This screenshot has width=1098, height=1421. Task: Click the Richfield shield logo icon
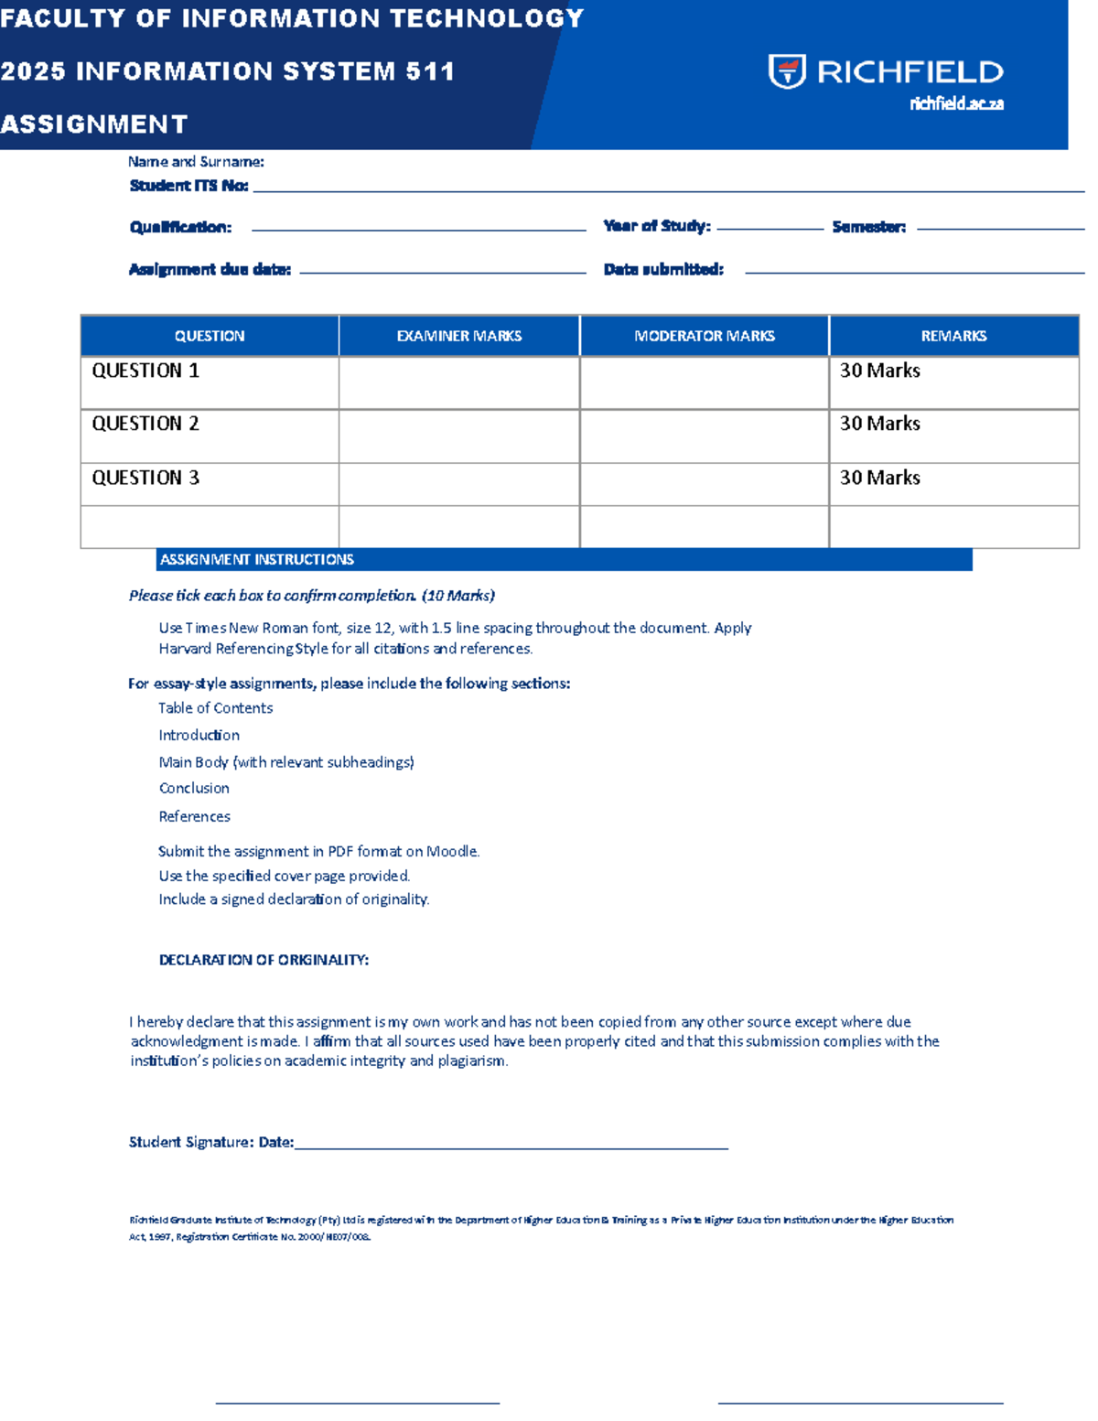[x=787, y=71]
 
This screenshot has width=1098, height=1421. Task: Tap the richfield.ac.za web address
[x=956, y=104]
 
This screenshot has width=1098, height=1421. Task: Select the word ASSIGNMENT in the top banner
[x=94, y=124]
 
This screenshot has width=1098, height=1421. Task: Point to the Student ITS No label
[x=188, y=186]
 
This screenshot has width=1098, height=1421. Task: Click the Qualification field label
[x=180, y=227]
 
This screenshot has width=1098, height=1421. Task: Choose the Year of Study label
[x=656, y=226]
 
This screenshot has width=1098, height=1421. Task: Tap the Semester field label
[x=868, y=227]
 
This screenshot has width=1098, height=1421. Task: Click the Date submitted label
[x=663, y=269]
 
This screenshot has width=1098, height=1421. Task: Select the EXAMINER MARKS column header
[x=458, y=336]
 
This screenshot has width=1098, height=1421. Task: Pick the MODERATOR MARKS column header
[x=704, y=336]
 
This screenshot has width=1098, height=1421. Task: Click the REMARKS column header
[x=953, y=336]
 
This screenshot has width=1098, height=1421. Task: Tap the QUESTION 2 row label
[x=145, y=424]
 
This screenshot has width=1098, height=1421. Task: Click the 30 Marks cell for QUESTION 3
[x=879, y=478]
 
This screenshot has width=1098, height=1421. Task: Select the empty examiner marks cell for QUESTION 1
[x=458, y=382]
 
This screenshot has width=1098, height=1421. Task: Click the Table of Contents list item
[x=215, y=708]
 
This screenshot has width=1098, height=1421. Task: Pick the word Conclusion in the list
[x=194, y=788]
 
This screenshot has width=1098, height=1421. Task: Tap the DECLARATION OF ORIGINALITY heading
[x=264, y=960]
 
